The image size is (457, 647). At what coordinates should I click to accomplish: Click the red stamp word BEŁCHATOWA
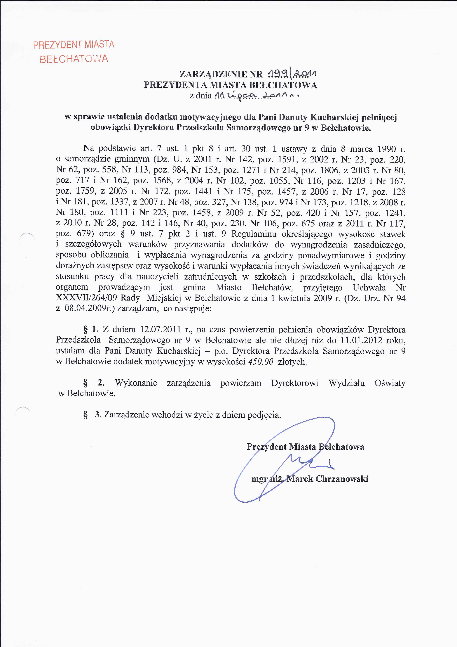pyautogui.click(x=74, y=59)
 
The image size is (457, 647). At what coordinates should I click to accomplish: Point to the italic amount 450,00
pyautogui.click(x=261, y=362)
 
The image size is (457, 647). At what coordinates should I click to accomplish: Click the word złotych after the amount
pyautogui.click(x=292, y=362)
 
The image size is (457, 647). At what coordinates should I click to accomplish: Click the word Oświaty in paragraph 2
pyautogui.click(x=390, y=383)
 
